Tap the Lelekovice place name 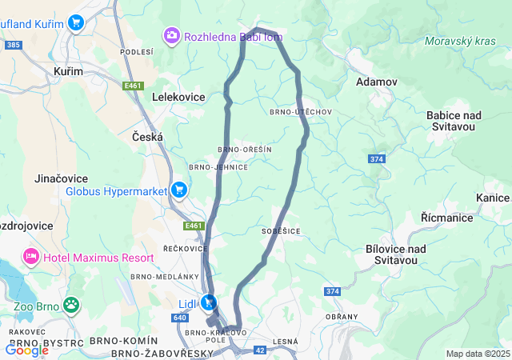click(x=178, y=97)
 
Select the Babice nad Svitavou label click(x=451, y=121)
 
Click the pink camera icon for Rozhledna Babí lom click(x=171, y=36)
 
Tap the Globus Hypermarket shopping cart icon click(x=179, y=190)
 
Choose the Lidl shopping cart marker click(x=209, y=302)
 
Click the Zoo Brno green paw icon click(x=72, y=305)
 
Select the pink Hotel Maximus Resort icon click(x=31, y=257)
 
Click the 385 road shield click(x=12, y=46)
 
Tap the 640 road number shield click(x=179, y=317)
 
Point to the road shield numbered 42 click(x=260, y=350)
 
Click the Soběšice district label click(x=280, y=230)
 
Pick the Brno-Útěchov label click(x=301, y=112)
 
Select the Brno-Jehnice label click(x=218, y=167)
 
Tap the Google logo click(x=26, y=350)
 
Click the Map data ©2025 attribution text click(x=477, y=354)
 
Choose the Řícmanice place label click(x=446, y=218)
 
